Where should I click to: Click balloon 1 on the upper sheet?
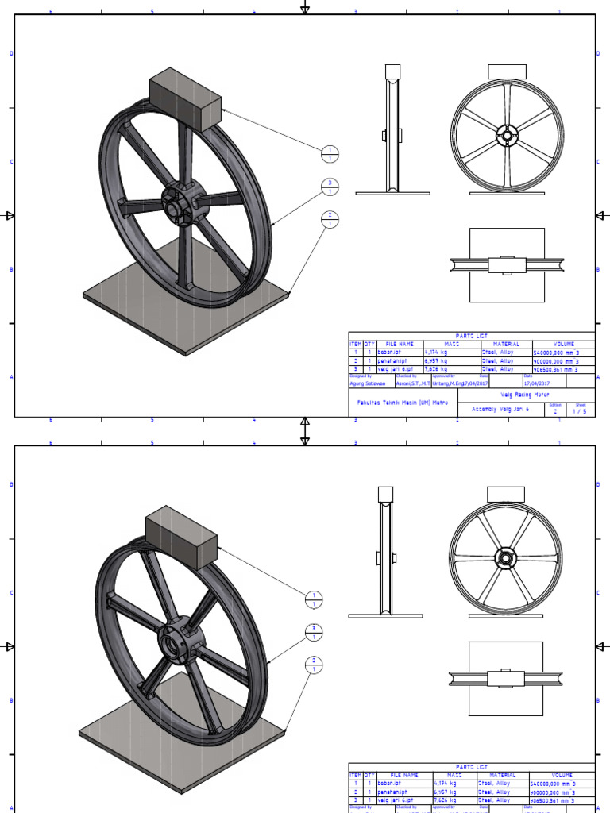click(330, 154)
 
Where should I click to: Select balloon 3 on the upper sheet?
click(330, 187)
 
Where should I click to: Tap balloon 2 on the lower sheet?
click(315, 665)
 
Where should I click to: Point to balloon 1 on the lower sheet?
click(315, 600)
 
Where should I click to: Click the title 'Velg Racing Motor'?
click(524, 395)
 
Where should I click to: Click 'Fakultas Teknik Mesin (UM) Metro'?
click(403, 403)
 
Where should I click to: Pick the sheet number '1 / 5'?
click(580, 411)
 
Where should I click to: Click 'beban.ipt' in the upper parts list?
click(390, 353)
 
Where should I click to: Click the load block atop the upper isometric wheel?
click(185, 98)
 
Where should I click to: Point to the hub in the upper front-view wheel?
click(505, 136)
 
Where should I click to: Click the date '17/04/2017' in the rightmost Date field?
click(538, 383)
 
